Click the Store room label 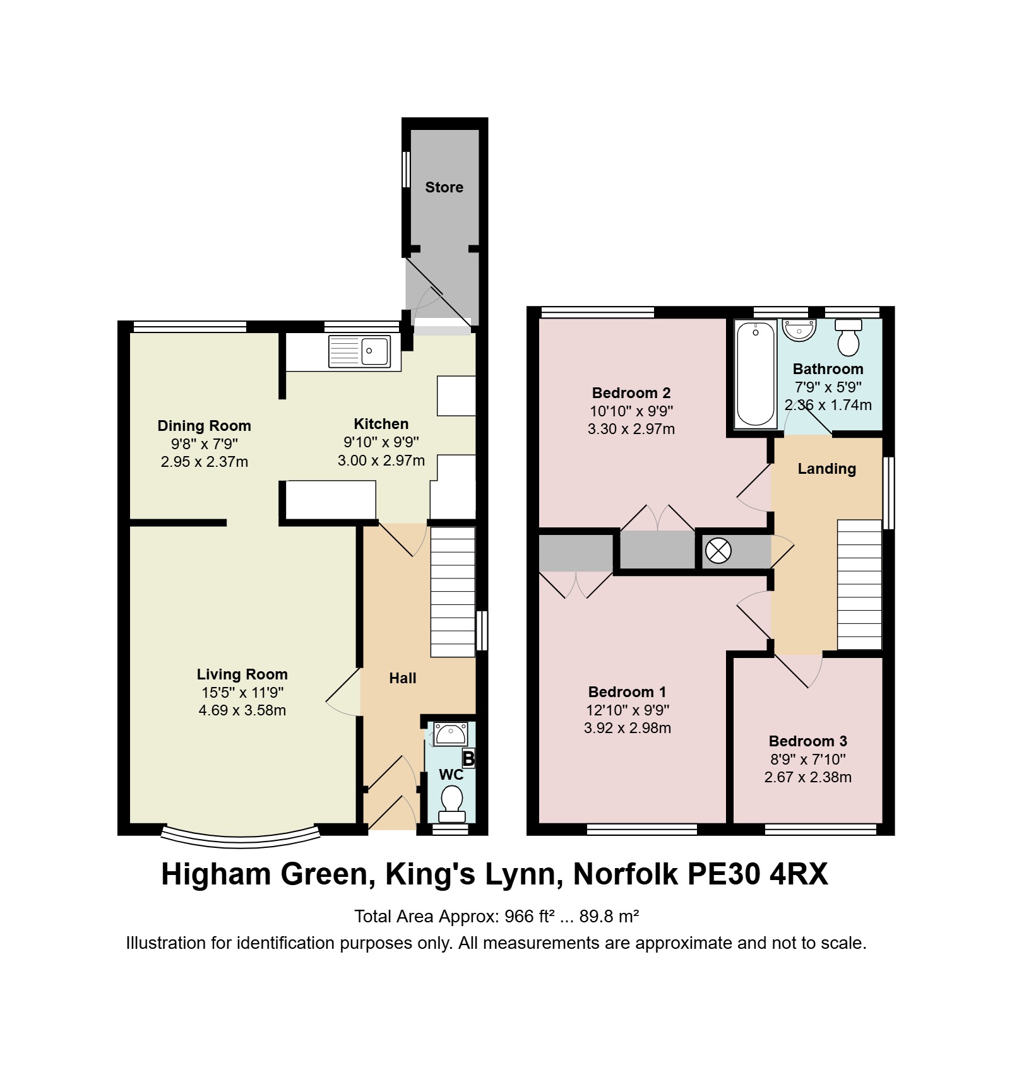(x=444, y=187)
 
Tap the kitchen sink (x=359, y=351)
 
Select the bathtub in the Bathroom (x=756, y=374)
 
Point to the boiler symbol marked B (x=468, y=758)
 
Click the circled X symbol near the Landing (x=718, y=551)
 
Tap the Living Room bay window (x=241, y=834)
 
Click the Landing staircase (x=859, y=585)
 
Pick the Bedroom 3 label (x=807, y=741)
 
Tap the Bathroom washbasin (x=799, y=330)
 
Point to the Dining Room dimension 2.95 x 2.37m (x=204, y=462)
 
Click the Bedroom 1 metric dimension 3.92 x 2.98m (x=627, y=728)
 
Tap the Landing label (x=826, y=469)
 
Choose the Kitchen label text (x=381, y=424)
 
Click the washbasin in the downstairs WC (x=450, y=734)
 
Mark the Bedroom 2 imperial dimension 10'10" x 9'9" (x=631, y=411)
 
